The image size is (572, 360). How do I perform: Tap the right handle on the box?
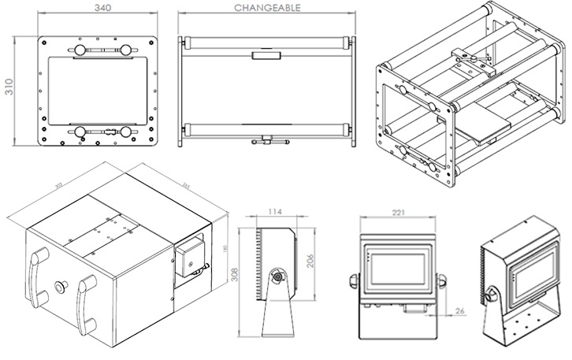(86, 299)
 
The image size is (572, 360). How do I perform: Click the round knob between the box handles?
(61, 284)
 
